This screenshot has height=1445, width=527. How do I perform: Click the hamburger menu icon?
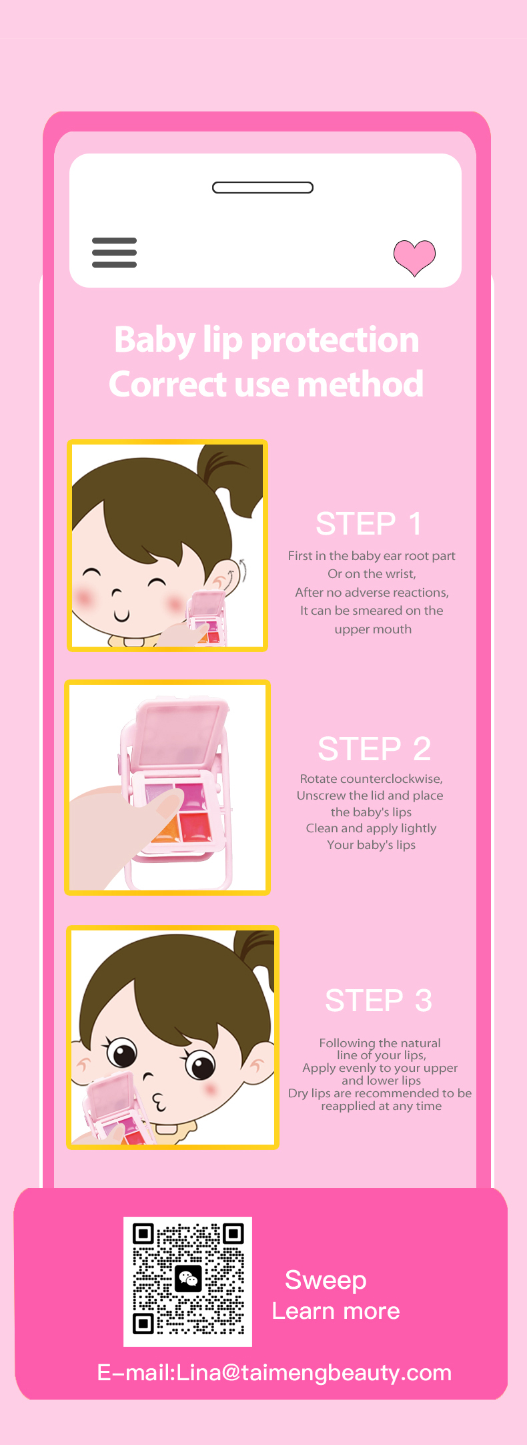pos(114,252)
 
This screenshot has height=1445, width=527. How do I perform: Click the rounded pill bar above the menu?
pos(263,188)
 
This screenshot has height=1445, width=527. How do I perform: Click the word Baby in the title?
pos(154,340)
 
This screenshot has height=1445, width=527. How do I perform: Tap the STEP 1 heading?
pos(369,524)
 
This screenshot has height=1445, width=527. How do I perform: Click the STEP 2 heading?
pos(374,749)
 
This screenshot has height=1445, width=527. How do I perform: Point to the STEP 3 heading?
pos(378,1000)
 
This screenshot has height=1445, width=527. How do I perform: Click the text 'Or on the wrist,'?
pos(372,574)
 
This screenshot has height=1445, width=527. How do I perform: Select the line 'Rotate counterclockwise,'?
pos(372,779)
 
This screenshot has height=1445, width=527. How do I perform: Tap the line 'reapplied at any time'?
pos(382,1106)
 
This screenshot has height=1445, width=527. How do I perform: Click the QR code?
pos(188,1282)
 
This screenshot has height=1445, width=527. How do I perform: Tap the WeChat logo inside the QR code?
pos(188,1279)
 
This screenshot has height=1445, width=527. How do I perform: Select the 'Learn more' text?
pos(336,1312)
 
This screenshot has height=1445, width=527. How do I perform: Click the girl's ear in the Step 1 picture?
pos(223,577)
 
